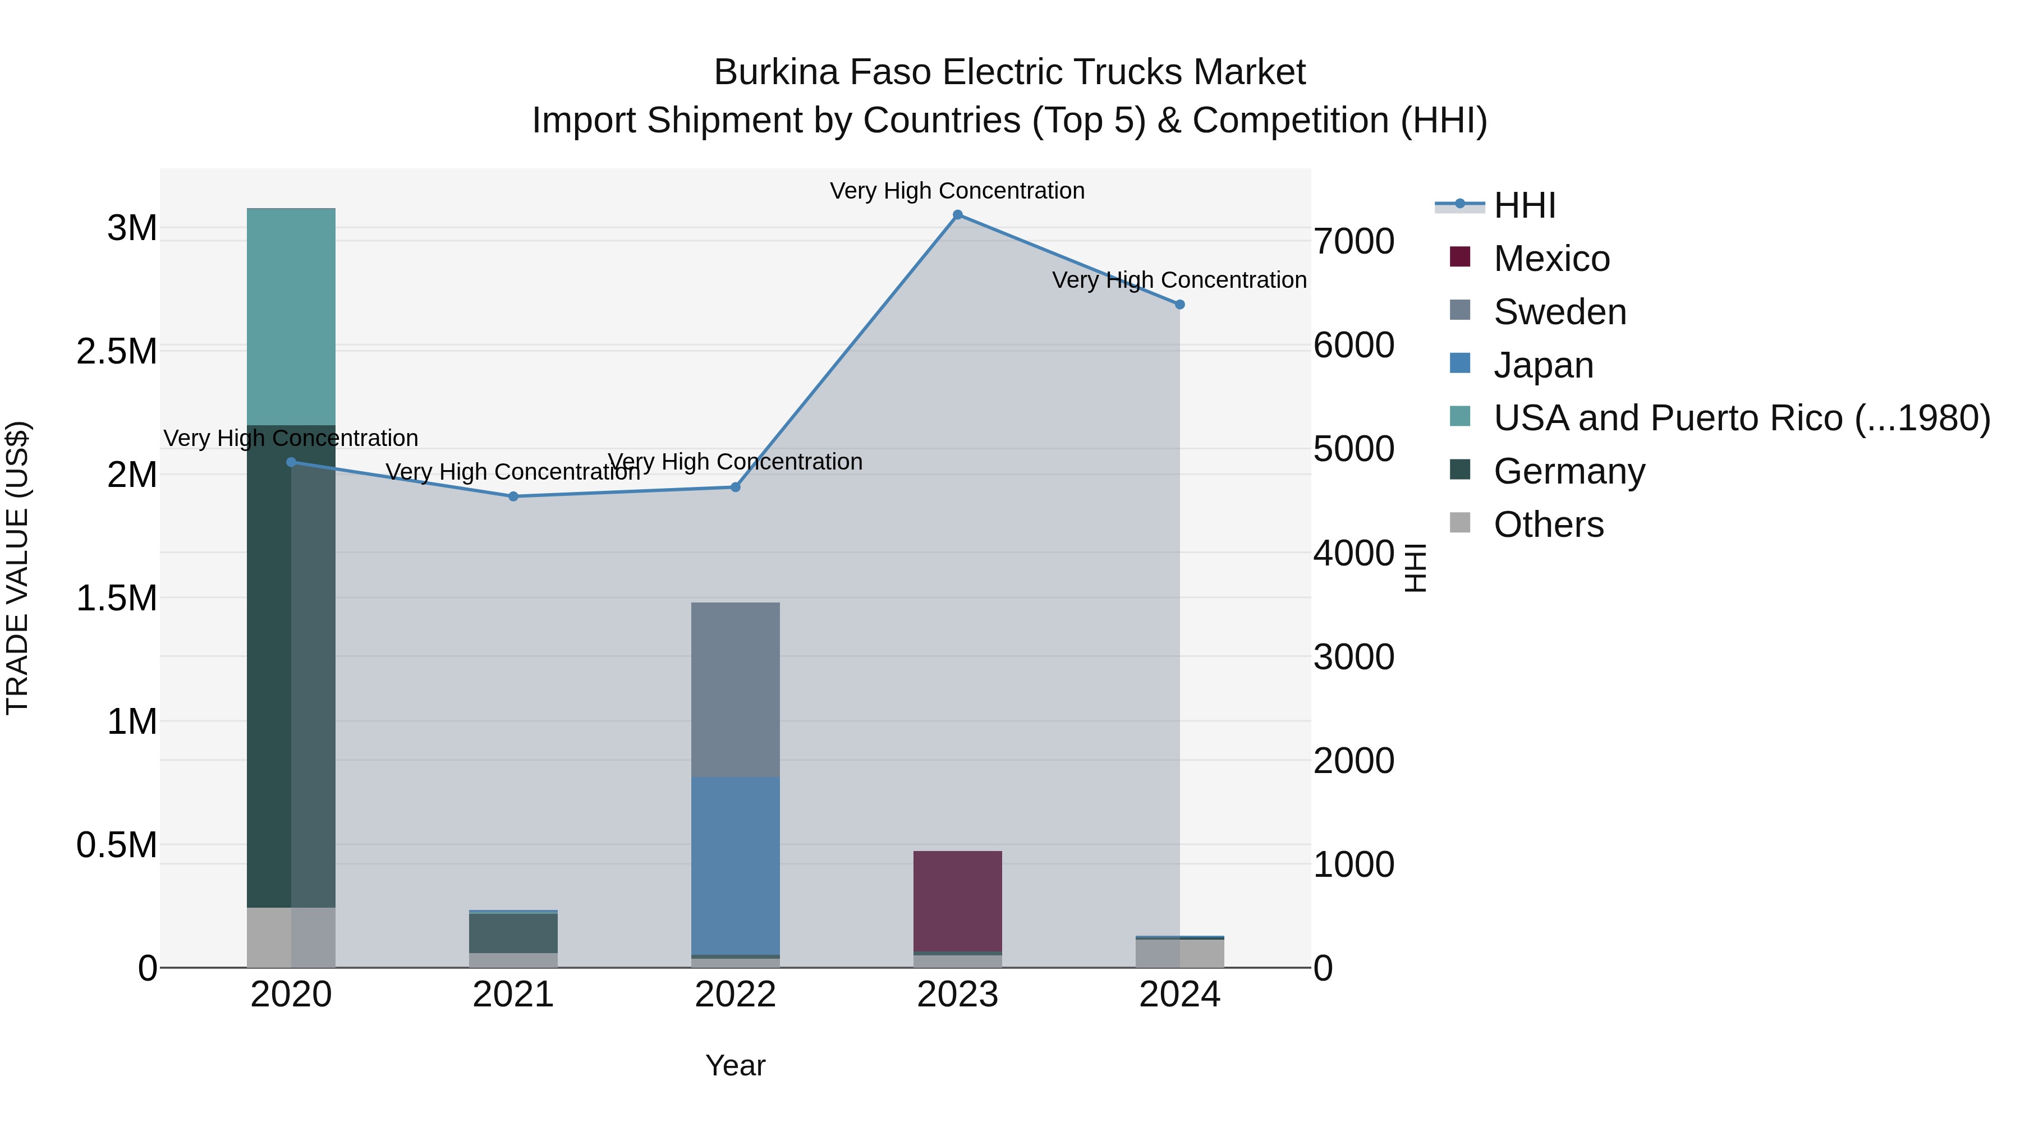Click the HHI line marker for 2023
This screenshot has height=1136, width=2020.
pos(957,215)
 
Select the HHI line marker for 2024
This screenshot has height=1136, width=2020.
pos(1179,304)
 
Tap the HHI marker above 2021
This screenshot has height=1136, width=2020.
pos(513,496)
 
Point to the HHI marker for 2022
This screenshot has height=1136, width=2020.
pos(736,487)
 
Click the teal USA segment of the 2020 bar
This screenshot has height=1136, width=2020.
pos(291,317)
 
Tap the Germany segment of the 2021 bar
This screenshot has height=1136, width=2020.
pos(513,933)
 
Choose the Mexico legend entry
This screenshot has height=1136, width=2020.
pos(1551,259)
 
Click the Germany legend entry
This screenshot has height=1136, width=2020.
pos(1568,472)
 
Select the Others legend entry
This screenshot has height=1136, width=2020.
pos(1548,525)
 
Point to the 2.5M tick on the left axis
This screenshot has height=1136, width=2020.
pos(117,352)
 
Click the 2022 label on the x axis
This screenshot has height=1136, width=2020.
pos(736,995)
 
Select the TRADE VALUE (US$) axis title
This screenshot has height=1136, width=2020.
pos(17,568)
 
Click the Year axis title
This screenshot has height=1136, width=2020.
pos(736,1065)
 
